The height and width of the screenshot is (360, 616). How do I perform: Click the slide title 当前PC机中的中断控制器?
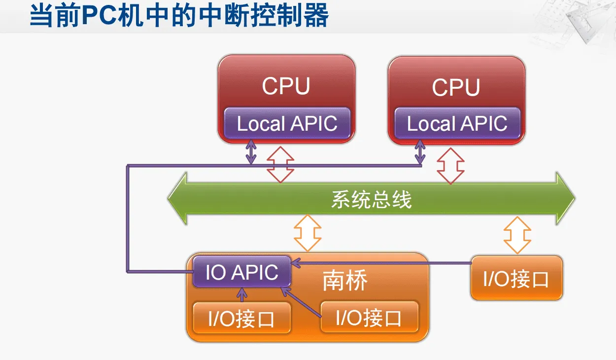pos(179,16)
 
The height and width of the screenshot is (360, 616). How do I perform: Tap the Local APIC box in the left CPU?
pos(287,123)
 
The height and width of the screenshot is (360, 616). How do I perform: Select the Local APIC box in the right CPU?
pos(457,123)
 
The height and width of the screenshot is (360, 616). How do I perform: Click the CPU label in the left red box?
pos(286,86)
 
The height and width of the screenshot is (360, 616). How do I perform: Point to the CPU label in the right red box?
pos(456,87)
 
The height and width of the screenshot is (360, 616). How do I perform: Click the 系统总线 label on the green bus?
pos(371,200)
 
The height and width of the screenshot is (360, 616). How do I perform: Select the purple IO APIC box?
pos(241,272)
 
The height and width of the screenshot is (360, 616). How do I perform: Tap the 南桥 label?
pos(345,281)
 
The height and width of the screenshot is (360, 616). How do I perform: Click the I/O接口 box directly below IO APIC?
pos(241,319)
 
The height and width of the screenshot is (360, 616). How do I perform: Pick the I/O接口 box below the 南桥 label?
pos(369,317)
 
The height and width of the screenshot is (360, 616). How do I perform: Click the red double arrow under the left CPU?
pos(280,164)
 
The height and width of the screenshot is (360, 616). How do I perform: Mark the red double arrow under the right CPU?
pos(450,166)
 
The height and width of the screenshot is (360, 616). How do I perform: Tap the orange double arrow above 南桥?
pos(308,233)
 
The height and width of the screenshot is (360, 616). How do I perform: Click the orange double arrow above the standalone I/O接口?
pos(517,235)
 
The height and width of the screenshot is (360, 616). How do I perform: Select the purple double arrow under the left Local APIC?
pos(251,152)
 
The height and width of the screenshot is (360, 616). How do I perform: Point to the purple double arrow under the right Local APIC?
pos(420,152)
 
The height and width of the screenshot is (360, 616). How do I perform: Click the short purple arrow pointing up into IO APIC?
pos(241,295)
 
